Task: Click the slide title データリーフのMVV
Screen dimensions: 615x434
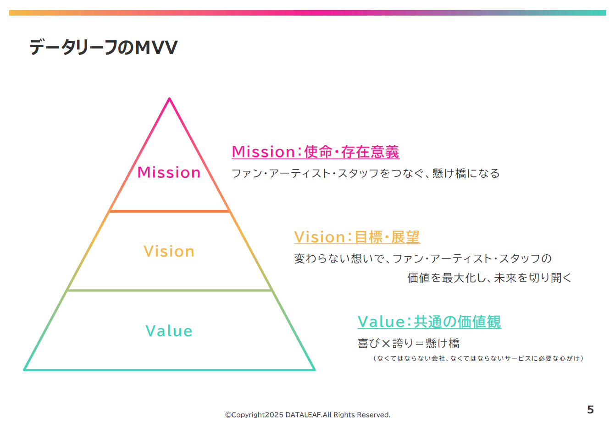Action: tap(104, 47)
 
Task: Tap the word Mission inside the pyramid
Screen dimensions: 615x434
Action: tap(169, 172)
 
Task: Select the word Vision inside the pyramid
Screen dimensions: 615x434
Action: tap(169, 251)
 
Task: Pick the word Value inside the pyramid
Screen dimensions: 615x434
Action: tap(169, 330)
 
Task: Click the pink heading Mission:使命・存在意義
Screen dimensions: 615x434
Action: tap(316, 152)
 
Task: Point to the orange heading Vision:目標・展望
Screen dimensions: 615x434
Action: tap(357, 237)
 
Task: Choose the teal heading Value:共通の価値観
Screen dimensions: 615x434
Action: tap(429, 322)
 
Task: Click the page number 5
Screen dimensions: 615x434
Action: tap(590, 410)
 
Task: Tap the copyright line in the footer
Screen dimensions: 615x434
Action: tap(307, 414)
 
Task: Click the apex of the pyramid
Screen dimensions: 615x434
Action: tap(169, 98)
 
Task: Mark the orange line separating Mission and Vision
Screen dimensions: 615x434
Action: tap(169, 211)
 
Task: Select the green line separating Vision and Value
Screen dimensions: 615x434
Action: tap(169, 290)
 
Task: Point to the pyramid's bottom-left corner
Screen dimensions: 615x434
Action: tap(24, 370)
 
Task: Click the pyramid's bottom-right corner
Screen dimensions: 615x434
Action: tap(314, 370)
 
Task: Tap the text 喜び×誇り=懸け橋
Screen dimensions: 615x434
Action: tap(409, 343)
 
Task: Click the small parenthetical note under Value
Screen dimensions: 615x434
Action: tap(478, 358)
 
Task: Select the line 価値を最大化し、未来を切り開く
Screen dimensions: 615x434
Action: tap(489, 278)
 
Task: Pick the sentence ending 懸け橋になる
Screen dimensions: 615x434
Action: tap(366, 173)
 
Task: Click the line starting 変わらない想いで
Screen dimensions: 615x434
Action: tap(423, 258)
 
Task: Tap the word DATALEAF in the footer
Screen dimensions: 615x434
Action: tap(303, 414)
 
